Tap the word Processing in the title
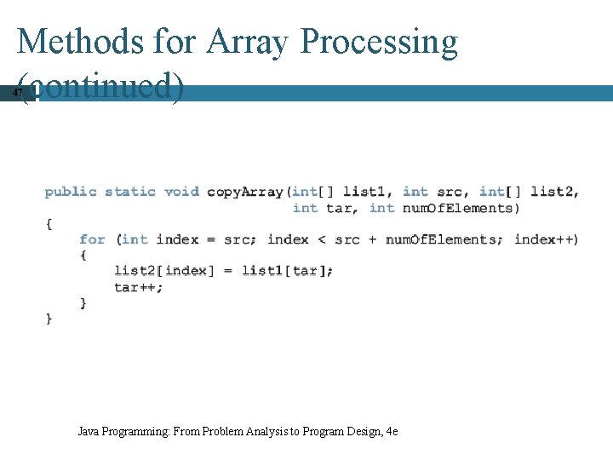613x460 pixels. coord(380,41)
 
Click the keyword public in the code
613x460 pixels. coord(71,192)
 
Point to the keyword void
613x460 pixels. coord(181,192)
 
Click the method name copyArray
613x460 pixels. coord(245,192)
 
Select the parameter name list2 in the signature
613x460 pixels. coord(553,192)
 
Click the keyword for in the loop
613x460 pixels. coord(92,239)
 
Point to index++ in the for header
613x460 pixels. coord(546,239)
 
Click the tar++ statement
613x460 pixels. coord(138,287)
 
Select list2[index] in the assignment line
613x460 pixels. coord(161,271)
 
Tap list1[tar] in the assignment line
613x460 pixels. coord(287,271)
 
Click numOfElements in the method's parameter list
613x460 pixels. coord(458,208)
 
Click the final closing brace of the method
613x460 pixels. coord(49,319)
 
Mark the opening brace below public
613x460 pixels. coord(49,223)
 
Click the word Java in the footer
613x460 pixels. coord(88,432)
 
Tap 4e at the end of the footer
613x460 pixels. coord(392,432)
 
